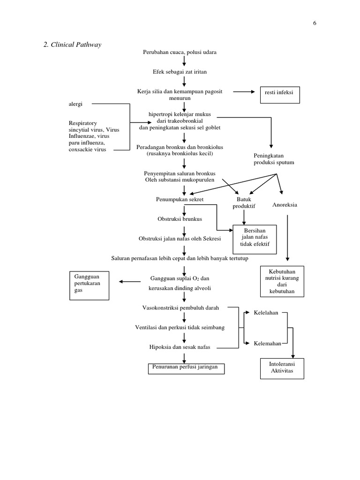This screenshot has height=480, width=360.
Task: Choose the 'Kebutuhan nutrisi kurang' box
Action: coord(281,281)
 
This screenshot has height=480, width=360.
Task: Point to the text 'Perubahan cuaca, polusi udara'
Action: coord(180,52)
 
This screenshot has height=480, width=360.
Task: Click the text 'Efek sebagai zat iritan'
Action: coord(180,72)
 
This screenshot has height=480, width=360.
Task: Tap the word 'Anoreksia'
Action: coord(285,205)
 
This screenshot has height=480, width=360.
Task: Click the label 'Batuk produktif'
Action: coord(244,203)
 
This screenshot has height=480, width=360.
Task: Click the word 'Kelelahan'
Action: coord(266,312)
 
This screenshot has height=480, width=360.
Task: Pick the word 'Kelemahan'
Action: coord(267,343)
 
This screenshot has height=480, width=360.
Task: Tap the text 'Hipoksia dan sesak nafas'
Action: coord(180,347)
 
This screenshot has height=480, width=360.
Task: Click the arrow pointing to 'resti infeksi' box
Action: coord(244,92)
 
